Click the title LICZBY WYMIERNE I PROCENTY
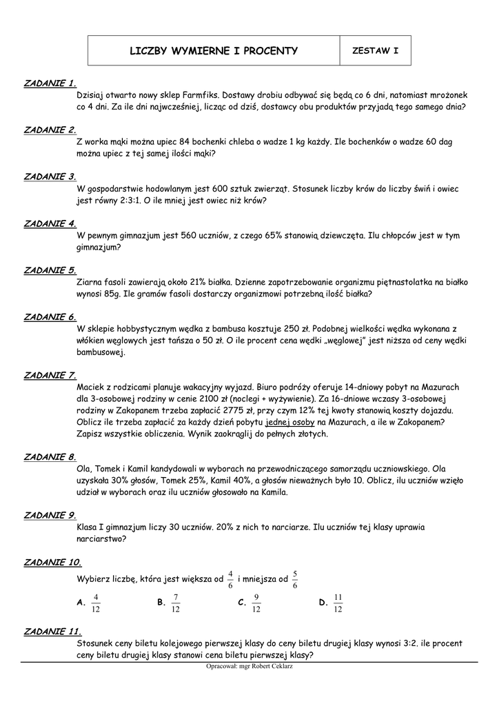click(x=214, y=50)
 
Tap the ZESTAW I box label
click(x=375, y=50)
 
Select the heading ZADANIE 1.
click(x=50, y=83)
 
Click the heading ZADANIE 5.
click(x=50, y=270)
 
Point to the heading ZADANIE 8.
click(x=50, y=457)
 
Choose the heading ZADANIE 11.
click(x=52, y=631)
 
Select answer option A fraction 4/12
click(x=96, y=603)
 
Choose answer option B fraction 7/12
click(x=176, y=603)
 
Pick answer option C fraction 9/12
click(x=256, y=603)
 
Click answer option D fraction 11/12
click(x=337, y=603)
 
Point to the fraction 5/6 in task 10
click(x=295, y=580)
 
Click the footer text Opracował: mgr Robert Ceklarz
click(x=249, y=667)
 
